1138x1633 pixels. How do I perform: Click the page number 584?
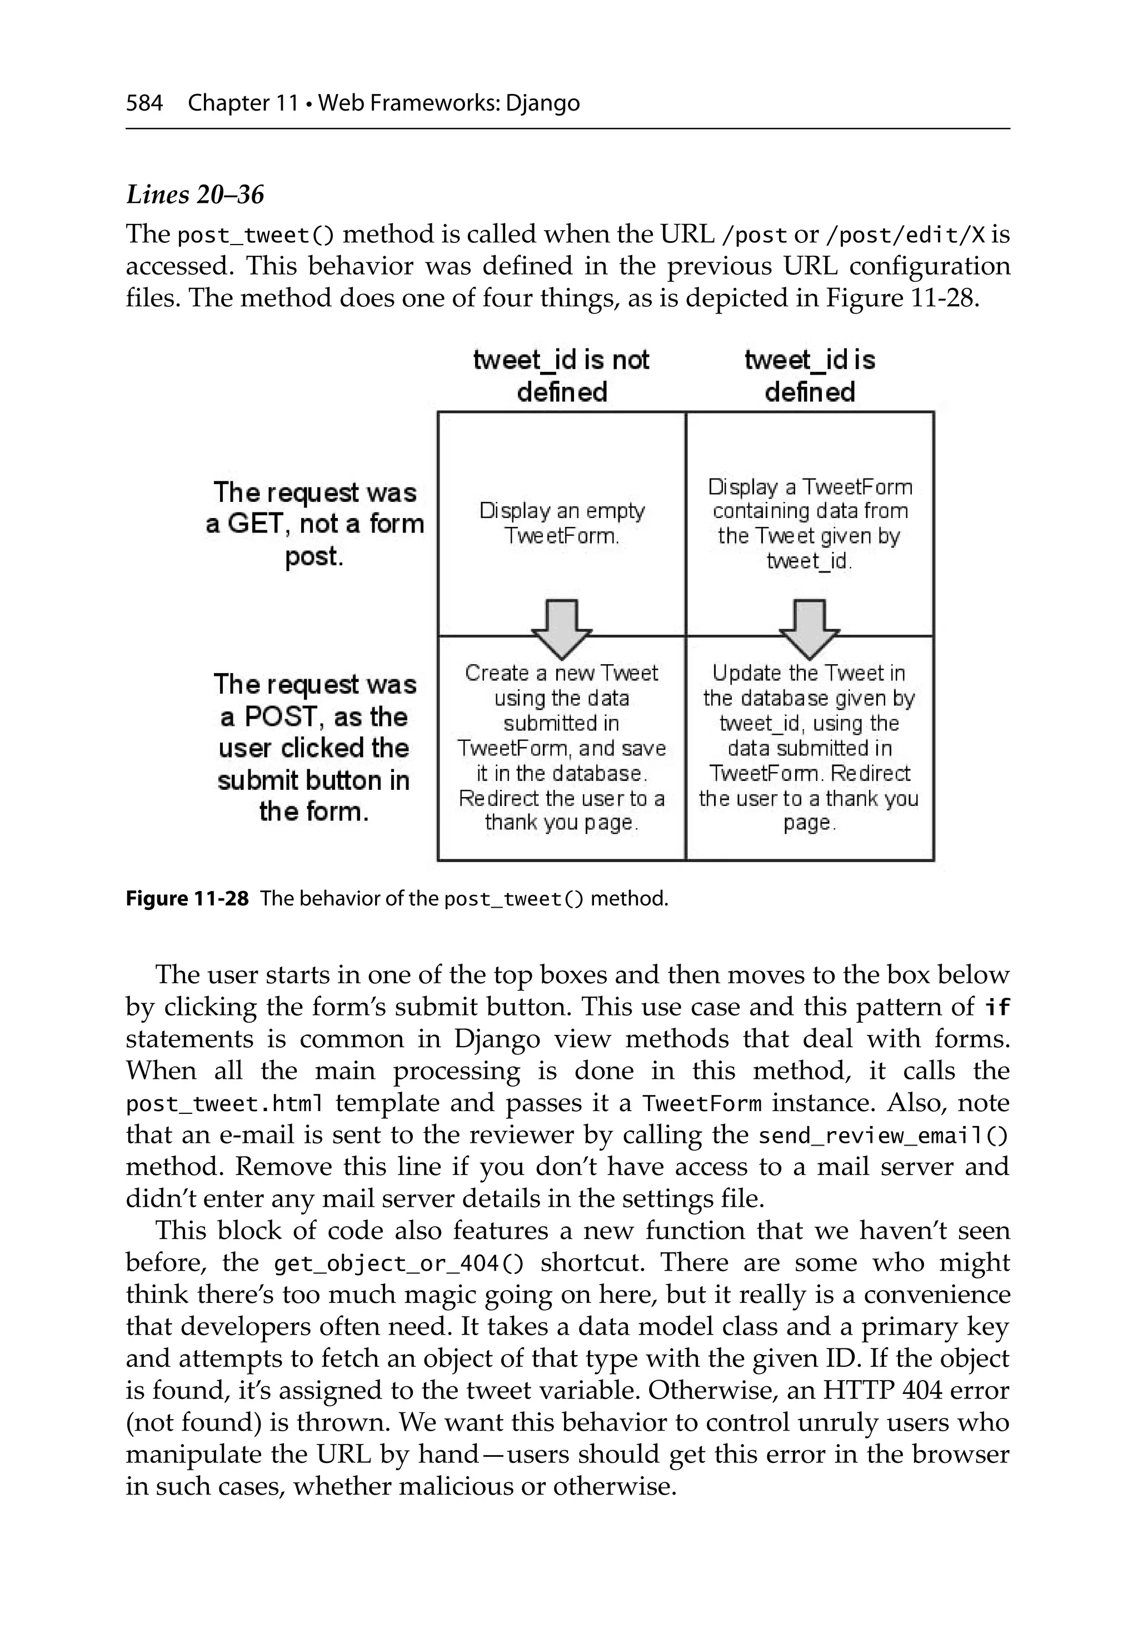click(x=144, y=104)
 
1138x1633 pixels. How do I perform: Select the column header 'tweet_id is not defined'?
click(x=561, y=376)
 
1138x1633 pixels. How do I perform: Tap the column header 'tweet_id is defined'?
click(x=810, y=376)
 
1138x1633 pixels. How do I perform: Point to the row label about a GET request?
click(x=315, y=524)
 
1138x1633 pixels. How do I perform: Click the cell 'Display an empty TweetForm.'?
click(x=561, y=523)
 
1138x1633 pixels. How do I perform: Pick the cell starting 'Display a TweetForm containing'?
click(x=810, y=524)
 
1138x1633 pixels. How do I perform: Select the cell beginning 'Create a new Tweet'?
click(x=561, y=748)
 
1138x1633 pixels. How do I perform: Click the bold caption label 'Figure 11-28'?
click(x=187, y=899)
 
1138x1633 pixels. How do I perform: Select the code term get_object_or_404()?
click(x=398, y=1263)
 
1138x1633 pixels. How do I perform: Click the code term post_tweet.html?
click(x=224, y=1104)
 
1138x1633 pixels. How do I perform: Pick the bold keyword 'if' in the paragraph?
click(x=996, y=1008)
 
